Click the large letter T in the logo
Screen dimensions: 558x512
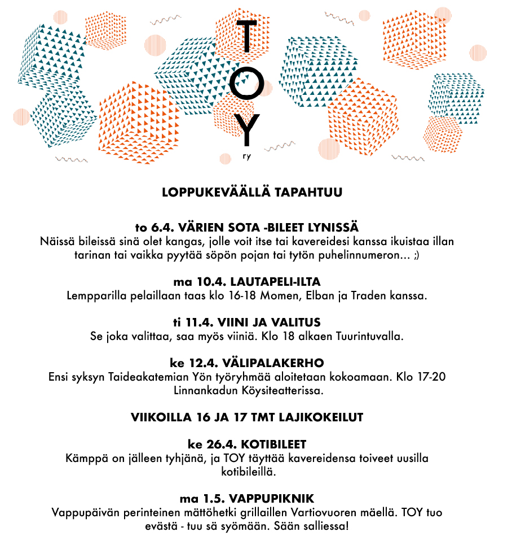[x=247, y=42]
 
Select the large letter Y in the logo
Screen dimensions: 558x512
[x=248, y=129]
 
